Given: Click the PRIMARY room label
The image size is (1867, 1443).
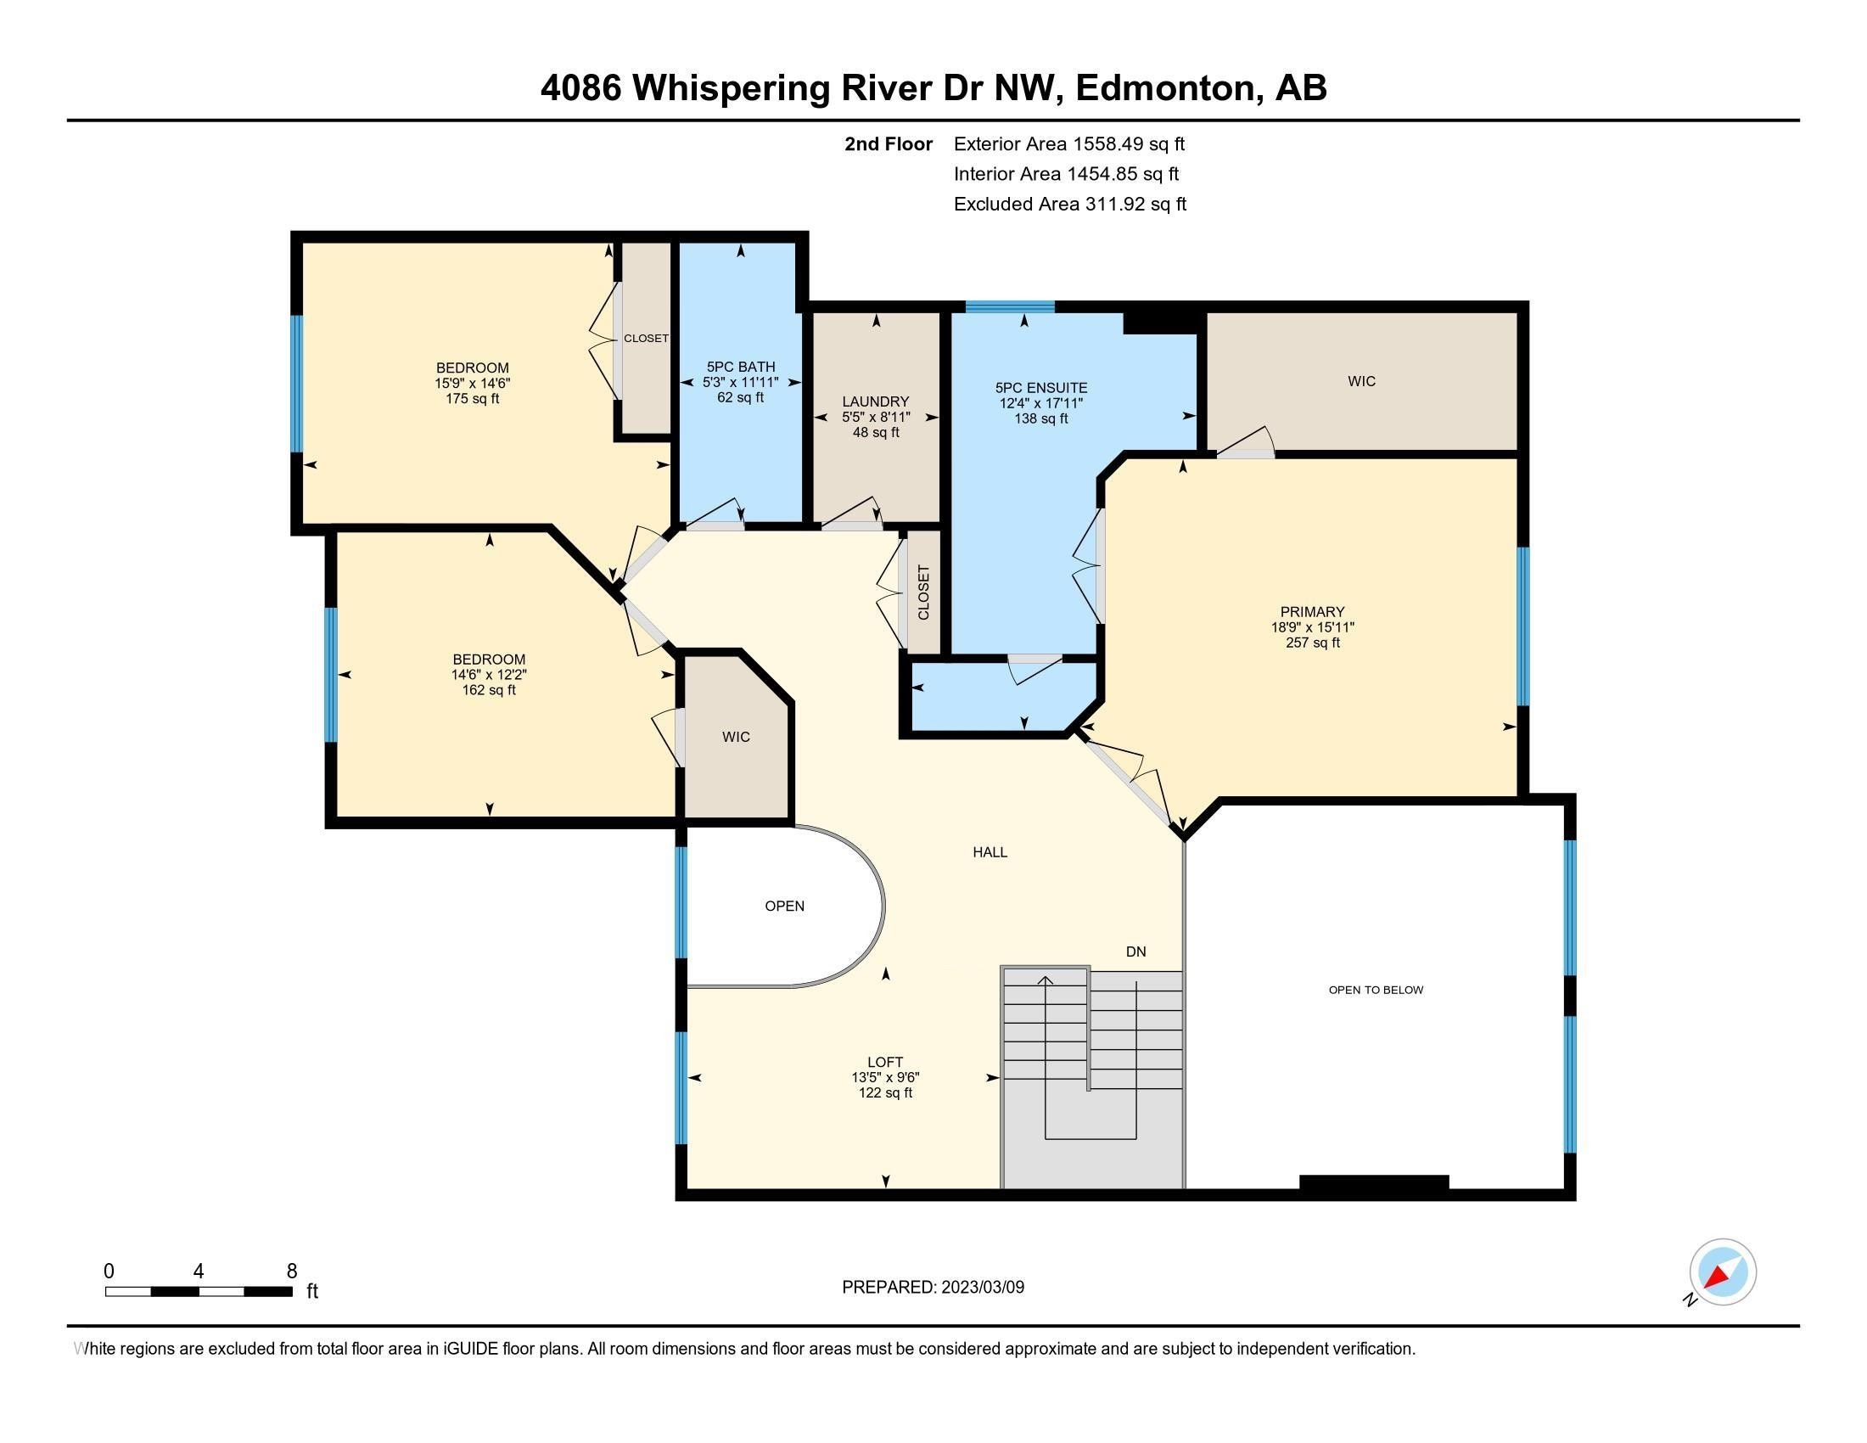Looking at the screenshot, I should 1311,611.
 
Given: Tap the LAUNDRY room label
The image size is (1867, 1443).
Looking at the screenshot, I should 876,401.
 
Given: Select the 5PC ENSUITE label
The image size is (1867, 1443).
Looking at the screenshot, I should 1040,387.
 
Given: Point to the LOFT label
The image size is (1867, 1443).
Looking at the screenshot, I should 885,1062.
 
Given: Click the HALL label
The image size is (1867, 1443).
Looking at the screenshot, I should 990,851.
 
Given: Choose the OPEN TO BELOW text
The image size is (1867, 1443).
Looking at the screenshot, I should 1376,990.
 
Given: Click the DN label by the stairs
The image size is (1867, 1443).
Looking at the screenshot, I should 1135,952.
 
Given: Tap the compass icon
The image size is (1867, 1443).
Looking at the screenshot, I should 1722,1272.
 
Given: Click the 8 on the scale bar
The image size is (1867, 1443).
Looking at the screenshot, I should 291,1271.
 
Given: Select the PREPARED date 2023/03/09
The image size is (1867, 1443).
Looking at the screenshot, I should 981,1288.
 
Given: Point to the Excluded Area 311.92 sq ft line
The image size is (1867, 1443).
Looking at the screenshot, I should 1069,205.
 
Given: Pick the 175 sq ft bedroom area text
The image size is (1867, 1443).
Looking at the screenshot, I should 472,398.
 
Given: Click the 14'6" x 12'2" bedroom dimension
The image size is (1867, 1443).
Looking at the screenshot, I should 489,675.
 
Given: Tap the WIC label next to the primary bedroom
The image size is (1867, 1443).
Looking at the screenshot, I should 1361,381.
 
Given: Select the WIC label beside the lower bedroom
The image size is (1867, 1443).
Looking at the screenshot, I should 735,737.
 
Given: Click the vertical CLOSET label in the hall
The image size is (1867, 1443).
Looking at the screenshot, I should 923,592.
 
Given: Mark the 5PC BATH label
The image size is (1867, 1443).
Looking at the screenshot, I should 740,367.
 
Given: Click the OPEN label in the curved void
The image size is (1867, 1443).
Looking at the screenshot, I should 784,907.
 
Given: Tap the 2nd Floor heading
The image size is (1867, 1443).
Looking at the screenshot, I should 888,144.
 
